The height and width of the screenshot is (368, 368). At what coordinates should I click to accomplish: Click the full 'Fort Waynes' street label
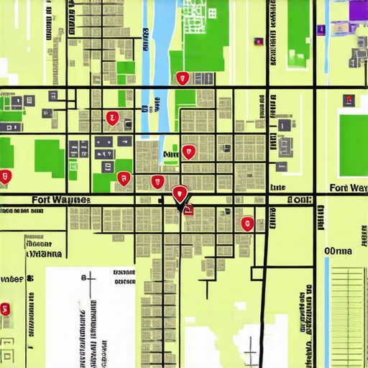pyautogui.click(x=60, y=199)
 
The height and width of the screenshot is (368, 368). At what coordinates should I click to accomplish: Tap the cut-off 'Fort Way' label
pyautogui.click(x=348, y=188)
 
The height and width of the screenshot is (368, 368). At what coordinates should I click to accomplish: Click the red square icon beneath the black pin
pyautogui.click(x=189, y=209)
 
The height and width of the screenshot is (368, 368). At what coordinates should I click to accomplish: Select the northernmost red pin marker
pyautogui.click(x=183, y=78)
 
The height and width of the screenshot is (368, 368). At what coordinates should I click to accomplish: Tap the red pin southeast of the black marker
pyautogui.click(x=247, y=223)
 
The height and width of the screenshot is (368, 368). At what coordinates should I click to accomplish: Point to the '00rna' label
pyautogui.click(x=339, y=251)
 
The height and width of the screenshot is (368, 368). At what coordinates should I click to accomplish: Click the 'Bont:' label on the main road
pyautogui.click(x=299, y=200)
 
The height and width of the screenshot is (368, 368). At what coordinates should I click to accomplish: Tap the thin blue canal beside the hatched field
pyautogui.click(x=327, y=309)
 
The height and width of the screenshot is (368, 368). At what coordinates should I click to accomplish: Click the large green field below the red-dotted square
pyautogui.click(x=353, y=134)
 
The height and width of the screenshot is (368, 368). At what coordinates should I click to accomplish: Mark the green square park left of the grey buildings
pyautogui.click(x=49, y=157)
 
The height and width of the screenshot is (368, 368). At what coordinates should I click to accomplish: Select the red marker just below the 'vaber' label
pyautogui.click(x=6, y=309)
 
